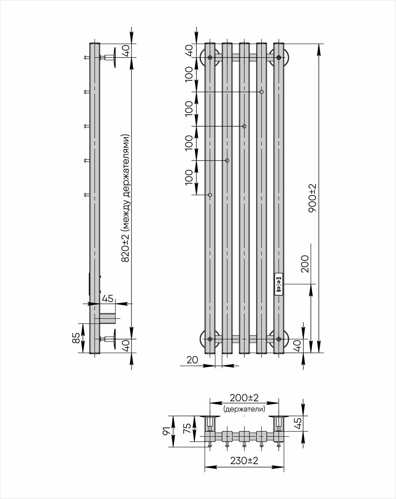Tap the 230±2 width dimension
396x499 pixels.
[244, 461]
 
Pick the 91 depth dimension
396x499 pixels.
[167, 431]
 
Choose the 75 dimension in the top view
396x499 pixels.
[187, 428]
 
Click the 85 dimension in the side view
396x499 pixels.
[76, 338]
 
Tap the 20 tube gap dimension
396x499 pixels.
[192, 360]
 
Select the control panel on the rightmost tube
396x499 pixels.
[279, 284]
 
